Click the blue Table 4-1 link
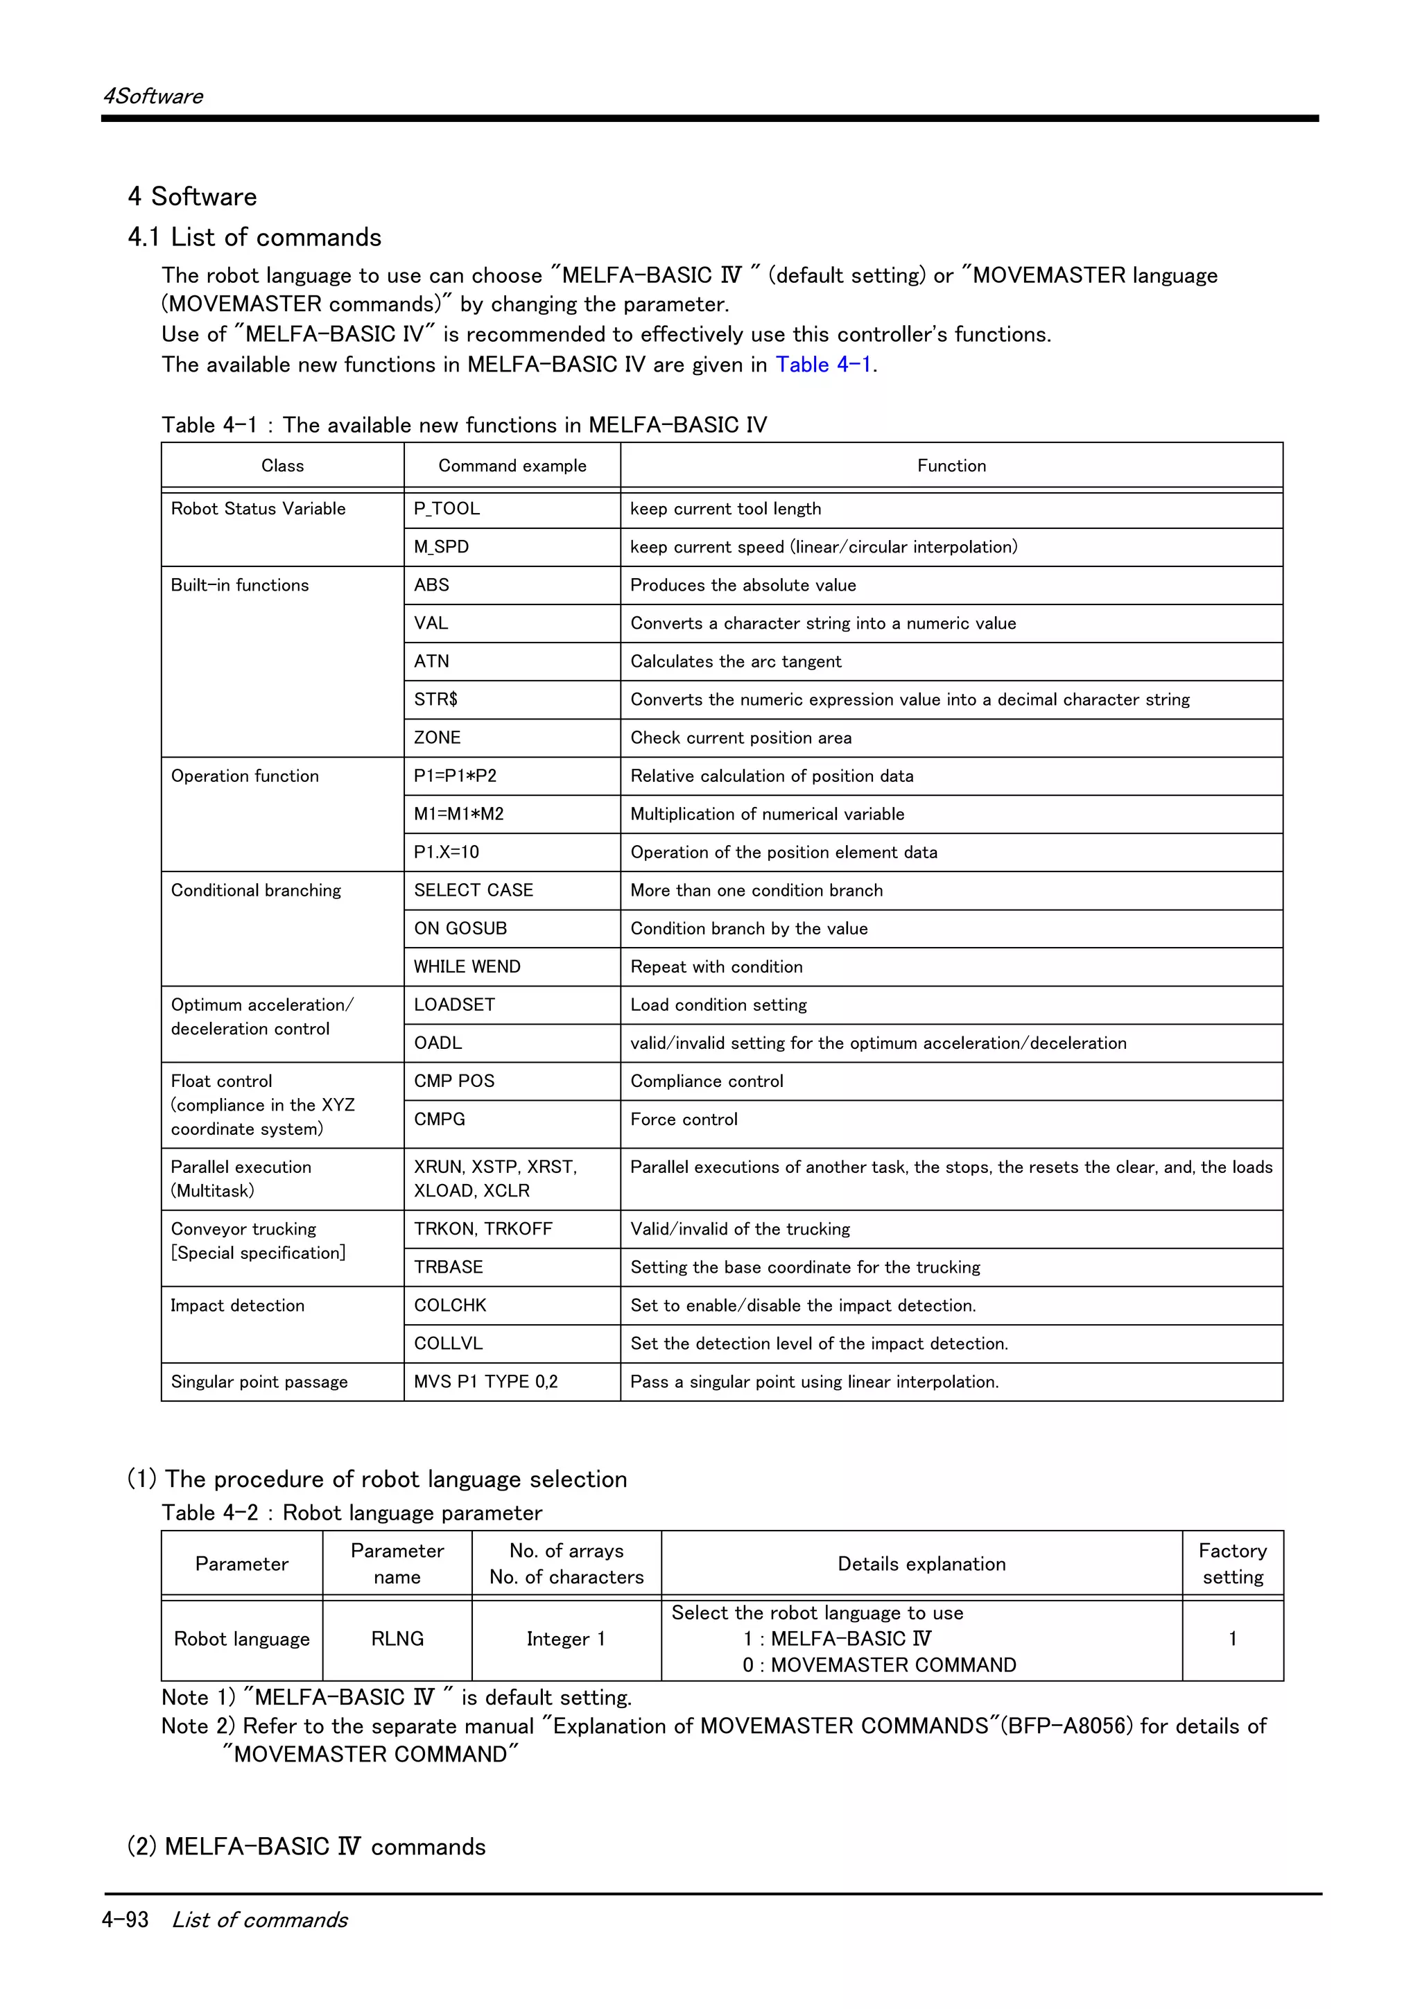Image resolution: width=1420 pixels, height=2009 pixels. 822,364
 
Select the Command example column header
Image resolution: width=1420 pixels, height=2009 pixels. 512,465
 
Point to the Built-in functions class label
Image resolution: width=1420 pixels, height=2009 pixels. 240,585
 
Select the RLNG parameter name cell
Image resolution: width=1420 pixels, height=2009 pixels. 397,1639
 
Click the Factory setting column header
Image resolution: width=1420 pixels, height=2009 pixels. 1232,1564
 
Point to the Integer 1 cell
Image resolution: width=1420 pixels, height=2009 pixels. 566,1639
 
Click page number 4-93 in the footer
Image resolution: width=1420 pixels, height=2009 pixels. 125,1920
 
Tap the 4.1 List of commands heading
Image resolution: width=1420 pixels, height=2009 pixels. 254,237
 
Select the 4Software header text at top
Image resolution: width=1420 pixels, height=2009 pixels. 153,96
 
